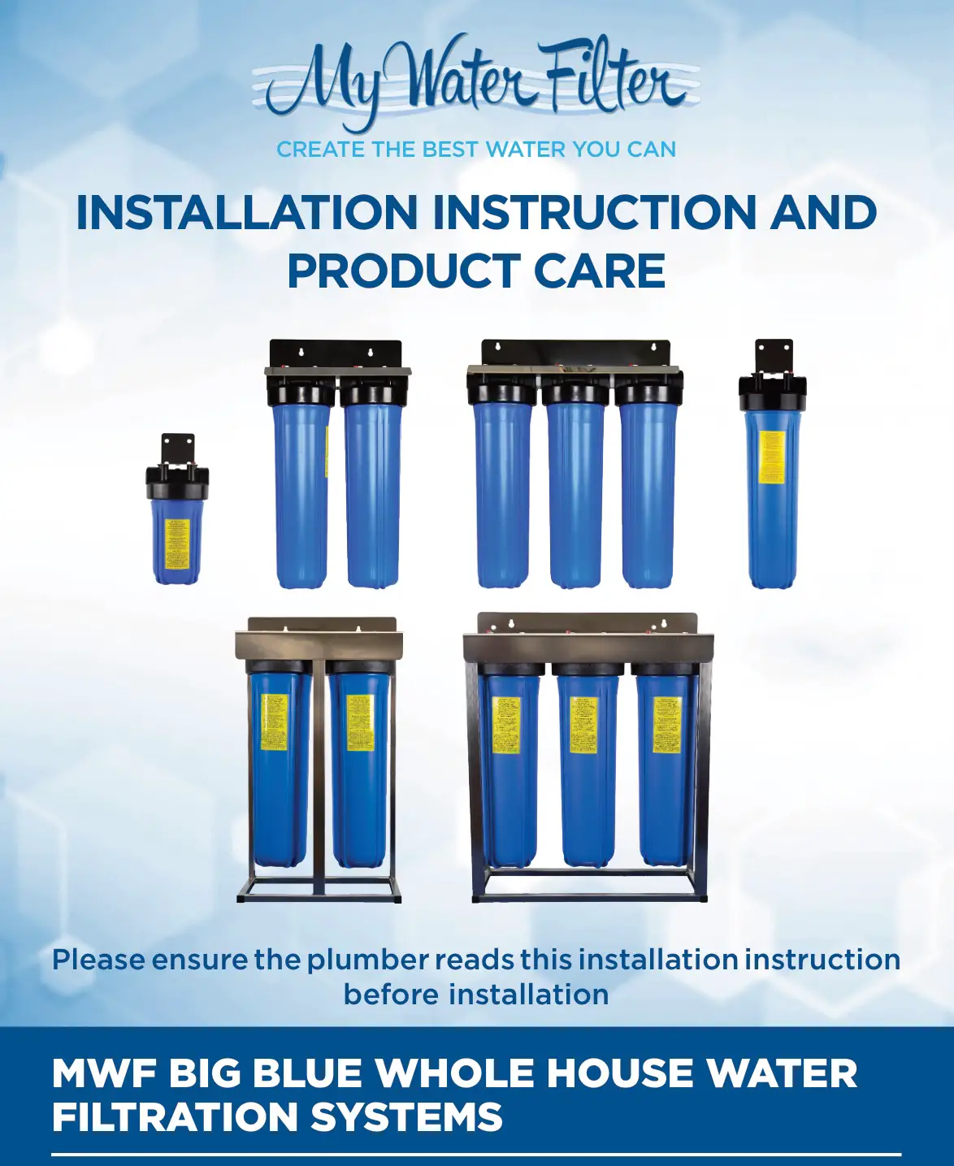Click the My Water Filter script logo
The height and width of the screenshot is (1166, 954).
tap(476, 81)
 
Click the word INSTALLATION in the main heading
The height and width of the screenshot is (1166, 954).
tap(246, 213)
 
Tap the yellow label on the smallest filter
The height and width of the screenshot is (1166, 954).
tap(177, 544)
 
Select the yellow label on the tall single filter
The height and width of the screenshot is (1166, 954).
tap(771, 457)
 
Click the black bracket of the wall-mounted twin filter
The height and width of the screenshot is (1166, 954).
tap(336, 352)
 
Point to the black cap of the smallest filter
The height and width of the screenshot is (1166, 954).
tap(177, 482)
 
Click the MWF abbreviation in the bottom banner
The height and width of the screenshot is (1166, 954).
tap(104, 1073)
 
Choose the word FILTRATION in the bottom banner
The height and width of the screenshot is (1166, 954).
tap(175, 1116)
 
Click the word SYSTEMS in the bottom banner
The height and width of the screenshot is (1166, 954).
tap(407, 1116)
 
